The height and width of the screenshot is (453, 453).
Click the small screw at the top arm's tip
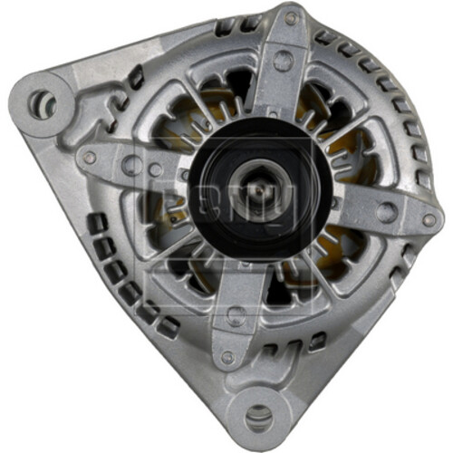click(291, 17)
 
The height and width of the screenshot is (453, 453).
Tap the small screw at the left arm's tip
click(90, 158)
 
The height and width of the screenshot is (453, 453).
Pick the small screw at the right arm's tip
click(428, 219)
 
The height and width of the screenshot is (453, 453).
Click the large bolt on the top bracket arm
click(283, 61)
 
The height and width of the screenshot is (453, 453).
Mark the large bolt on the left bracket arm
click(132, 165)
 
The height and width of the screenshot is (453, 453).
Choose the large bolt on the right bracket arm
click(386, 214)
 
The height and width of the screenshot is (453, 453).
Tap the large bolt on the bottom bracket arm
click(236, 315)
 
